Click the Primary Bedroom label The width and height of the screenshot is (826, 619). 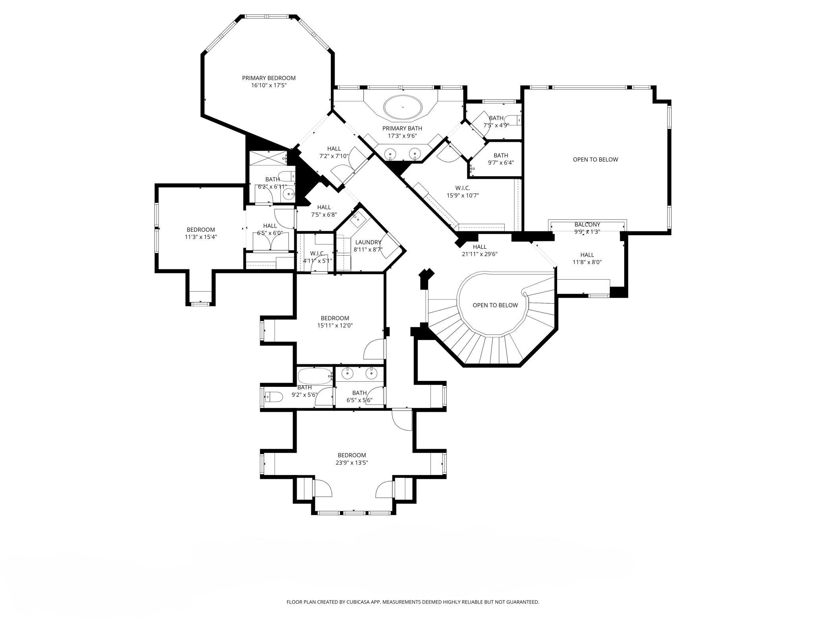click(269, 78)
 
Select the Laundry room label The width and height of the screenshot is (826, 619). click(368, 242)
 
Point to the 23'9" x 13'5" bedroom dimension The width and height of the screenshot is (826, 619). click(352, 463)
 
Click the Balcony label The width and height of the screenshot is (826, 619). click(587, 225)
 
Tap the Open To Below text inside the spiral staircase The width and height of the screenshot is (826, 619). click(495, 305)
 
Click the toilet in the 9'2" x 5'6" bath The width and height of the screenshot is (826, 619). click(274, 396)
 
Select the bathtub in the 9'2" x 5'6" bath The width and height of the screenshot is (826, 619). click(315, 376)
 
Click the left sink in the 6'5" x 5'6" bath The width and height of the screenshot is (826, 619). click(348, 373)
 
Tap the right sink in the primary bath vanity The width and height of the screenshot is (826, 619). click(415, 153)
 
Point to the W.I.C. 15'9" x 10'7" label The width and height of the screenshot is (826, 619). click(463, 192)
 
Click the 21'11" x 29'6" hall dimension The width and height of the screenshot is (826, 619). click(480, 254)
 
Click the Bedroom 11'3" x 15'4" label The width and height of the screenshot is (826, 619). click(201, 233)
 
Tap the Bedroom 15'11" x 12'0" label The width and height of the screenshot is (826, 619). click(335, 322)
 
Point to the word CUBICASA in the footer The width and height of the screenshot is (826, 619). click(356, 602)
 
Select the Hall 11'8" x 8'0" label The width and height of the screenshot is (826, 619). click(587, 258)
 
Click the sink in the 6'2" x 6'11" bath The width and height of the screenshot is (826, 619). click(289, 194)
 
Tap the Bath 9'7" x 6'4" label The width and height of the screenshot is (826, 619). click(501, 159)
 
